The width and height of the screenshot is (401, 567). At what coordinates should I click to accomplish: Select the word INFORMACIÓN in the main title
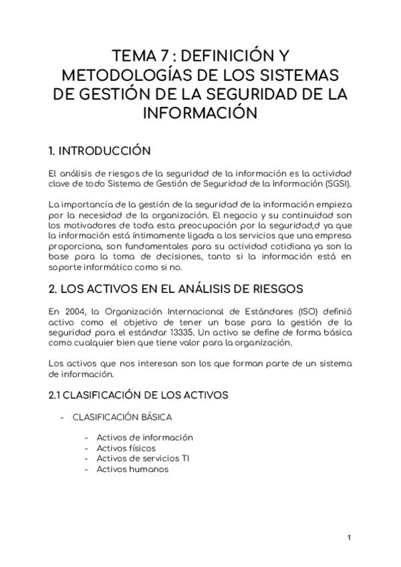[200, 112]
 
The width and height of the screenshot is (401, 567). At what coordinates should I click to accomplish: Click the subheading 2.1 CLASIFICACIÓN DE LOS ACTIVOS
[139, 395]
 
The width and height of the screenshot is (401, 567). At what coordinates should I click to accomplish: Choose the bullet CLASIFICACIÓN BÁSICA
[122, 417]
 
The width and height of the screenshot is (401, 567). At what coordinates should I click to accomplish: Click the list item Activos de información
[144, 437]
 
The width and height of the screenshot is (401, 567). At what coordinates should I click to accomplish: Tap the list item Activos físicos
[126, 448]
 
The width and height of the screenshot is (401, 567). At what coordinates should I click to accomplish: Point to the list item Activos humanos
[132, 469]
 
